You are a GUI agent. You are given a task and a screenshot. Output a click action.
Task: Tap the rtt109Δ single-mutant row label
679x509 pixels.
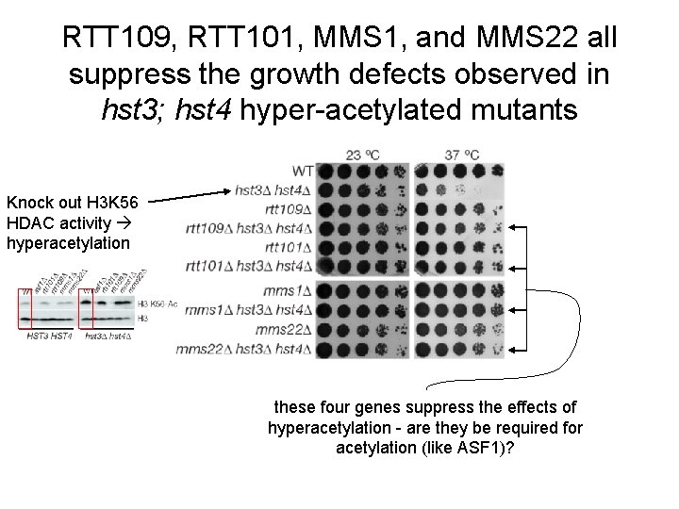click(x=288, y=209)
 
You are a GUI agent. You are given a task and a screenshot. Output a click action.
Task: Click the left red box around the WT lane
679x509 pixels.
click(x=27, y=307)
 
